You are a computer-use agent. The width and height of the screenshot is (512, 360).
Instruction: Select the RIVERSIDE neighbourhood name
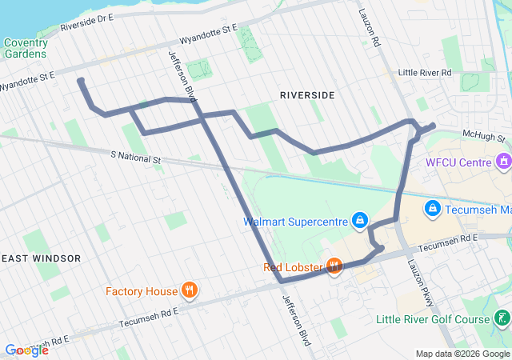tap(307, 95)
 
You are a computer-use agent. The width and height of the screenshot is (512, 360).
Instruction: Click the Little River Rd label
tap(425, 73)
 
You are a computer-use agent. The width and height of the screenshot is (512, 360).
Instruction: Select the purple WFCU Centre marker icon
tap(504, 162)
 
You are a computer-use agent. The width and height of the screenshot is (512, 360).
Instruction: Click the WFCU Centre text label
tap(458, 162)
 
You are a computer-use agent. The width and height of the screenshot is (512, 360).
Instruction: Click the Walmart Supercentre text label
tap(295, 220)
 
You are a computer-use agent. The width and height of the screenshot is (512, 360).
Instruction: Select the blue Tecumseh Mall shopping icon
tap(432, 209)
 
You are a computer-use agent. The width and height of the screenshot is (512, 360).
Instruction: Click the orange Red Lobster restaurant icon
tap(334, 266)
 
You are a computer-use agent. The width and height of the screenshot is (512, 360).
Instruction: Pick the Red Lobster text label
tap(292, 266)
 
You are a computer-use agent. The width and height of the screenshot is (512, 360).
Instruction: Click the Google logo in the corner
tap(26, 350)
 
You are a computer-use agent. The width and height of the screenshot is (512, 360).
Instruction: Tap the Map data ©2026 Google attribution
tap(462, 354)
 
